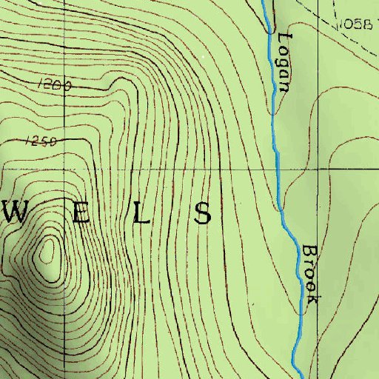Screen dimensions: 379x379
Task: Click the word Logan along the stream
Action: coord(284,63)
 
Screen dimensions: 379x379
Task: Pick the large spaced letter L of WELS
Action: coord(141,213)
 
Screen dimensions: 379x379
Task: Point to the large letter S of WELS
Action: coord(202,213)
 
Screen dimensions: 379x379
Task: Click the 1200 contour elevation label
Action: coord(53,86)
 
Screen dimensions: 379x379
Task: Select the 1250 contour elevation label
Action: coord(41,141)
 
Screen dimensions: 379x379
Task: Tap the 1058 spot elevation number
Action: coord(356,24)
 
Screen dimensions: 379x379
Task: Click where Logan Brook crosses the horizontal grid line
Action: coord(278,169)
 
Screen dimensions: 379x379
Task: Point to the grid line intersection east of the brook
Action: coord(318,169)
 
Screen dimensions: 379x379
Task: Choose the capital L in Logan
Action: coord(286,39)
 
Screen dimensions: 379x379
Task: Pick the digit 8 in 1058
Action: coord(367,24)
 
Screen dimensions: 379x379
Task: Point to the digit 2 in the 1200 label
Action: coord(48,86)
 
